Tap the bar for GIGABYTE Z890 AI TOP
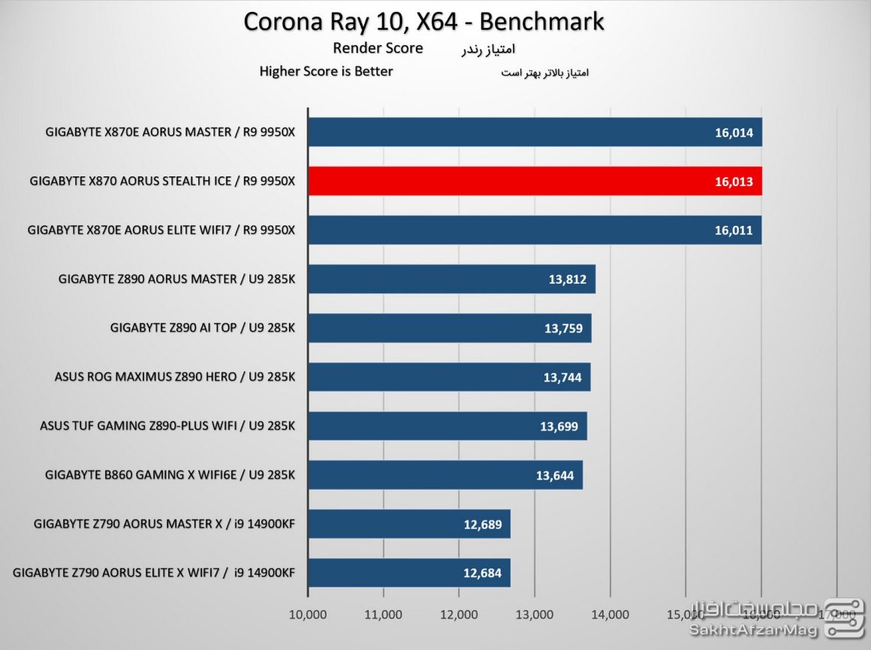point(449,328)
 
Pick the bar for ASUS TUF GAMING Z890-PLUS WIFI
point(447,426)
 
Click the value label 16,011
point(734,230)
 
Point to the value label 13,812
point(567,279)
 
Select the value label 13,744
point(562,378)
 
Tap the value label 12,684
point(483,573)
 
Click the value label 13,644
point(555,475)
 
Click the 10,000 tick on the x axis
point(307,615)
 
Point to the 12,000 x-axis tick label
point(459,615)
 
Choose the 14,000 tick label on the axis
point(610,615)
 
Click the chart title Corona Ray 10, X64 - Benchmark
point(423,21)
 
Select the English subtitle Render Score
point(378,49)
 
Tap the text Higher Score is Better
point(326,72)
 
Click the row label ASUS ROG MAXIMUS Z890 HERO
point(175,377)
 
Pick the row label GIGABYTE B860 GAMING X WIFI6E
point(170,475)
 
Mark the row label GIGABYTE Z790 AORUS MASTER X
point(164,524)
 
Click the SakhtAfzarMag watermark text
point(752,631)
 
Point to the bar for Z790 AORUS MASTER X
point(408,524)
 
